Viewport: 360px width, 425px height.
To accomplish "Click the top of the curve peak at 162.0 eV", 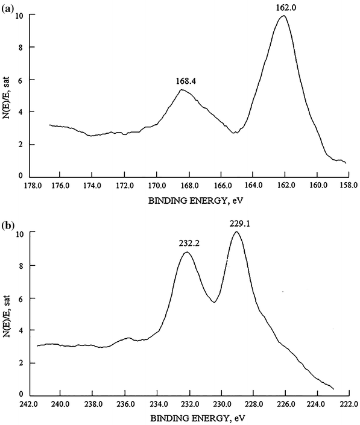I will click(x=283, y=16).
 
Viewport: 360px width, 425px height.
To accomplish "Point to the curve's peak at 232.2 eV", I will click(x=187, y=252).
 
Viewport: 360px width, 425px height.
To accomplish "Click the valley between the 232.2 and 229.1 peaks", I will click(x=214, y=302).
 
